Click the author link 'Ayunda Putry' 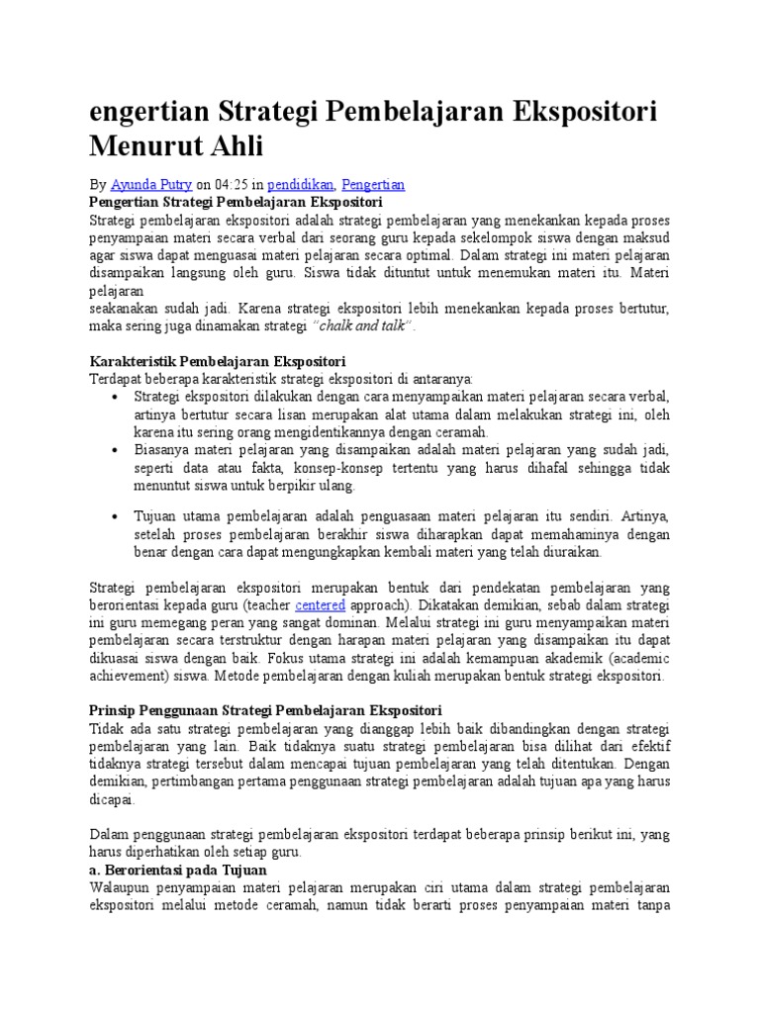149,185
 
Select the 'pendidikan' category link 300,185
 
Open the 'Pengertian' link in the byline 373,185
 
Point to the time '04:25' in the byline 235,185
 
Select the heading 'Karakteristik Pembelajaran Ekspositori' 217,361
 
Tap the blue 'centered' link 320,605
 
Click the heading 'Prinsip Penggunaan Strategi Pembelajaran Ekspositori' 265,711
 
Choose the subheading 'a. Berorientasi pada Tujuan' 178,870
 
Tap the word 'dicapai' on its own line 111,800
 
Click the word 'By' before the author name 97,185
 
